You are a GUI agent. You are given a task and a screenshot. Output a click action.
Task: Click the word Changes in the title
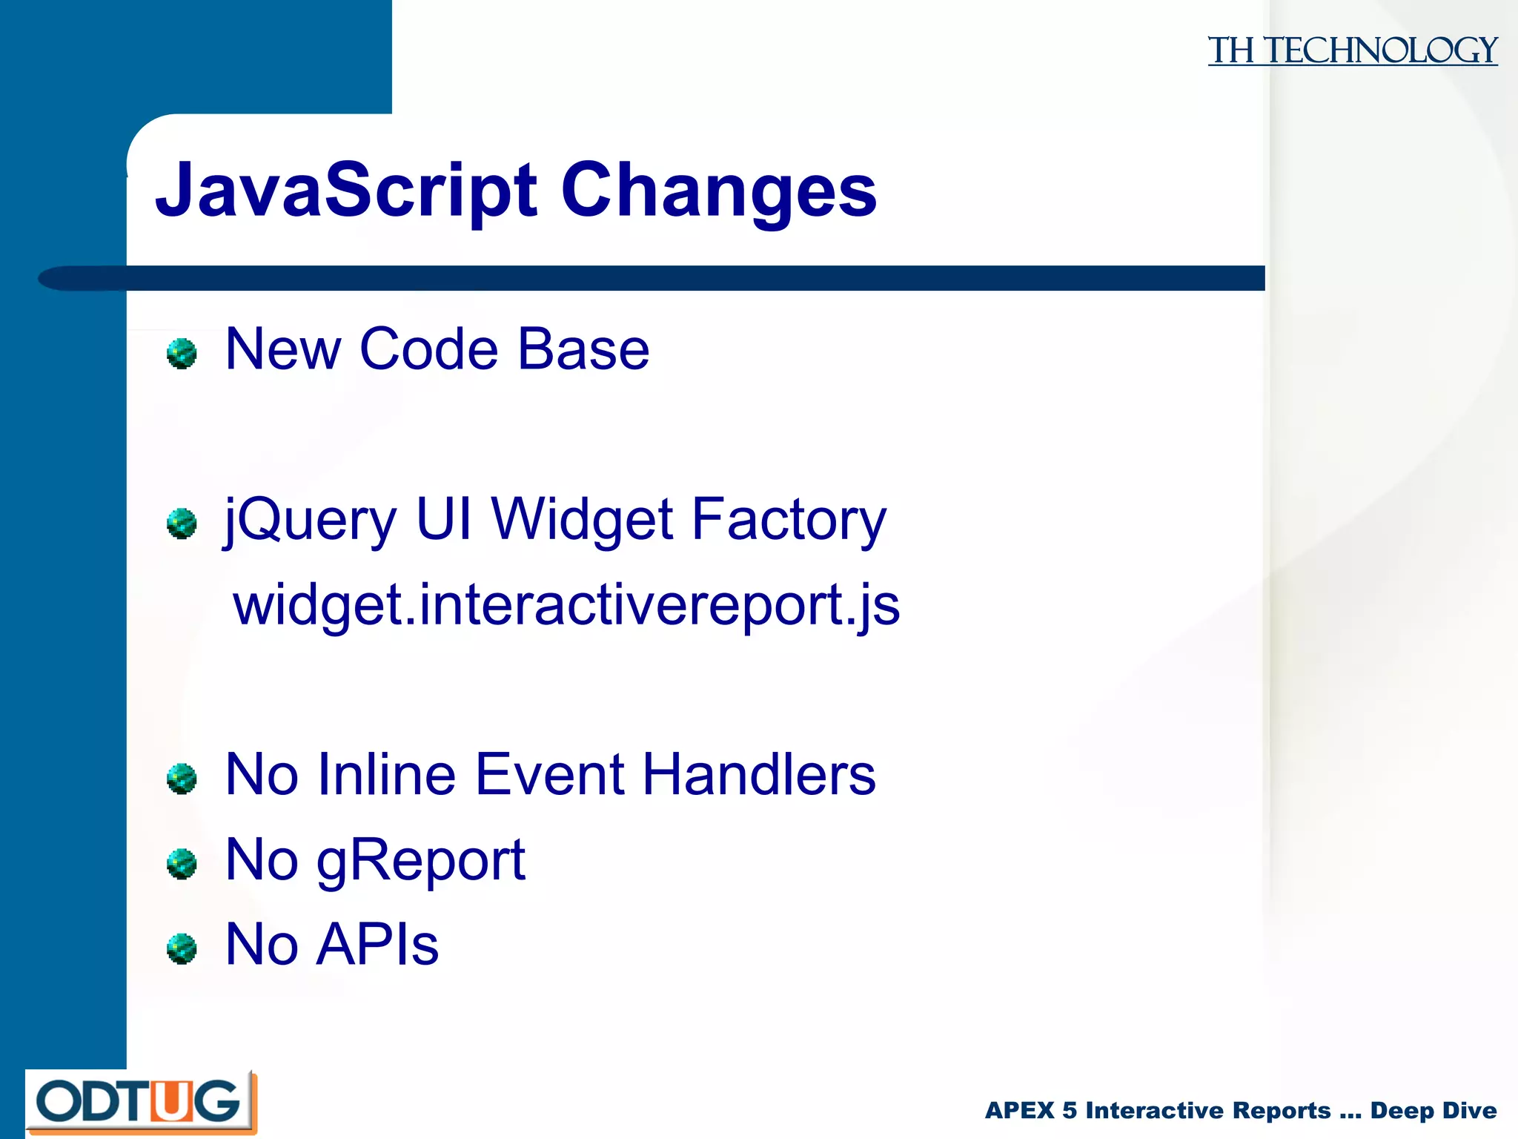pos(718,191)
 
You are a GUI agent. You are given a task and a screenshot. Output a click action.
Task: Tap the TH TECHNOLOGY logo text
pos(1352,51)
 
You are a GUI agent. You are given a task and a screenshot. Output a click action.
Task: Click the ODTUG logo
pos(140,1102)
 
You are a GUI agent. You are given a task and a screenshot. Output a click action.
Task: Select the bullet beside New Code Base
pos(182,354)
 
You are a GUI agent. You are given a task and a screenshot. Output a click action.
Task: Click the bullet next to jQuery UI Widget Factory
pos(182,524)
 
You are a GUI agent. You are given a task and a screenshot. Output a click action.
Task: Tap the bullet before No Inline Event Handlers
pos(182,779)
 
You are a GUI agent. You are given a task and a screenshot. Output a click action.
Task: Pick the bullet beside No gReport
pos(182,864)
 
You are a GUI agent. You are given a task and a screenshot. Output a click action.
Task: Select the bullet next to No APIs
pos(182,948)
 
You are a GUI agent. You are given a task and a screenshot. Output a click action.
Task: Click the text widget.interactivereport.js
pos(566,605)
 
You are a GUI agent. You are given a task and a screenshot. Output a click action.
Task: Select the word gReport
pos(420,860)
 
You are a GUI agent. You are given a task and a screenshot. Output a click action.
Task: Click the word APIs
pos(377,945)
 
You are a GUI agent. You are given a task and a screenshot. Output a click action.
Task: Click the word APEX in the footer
pos(1019,1110)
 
